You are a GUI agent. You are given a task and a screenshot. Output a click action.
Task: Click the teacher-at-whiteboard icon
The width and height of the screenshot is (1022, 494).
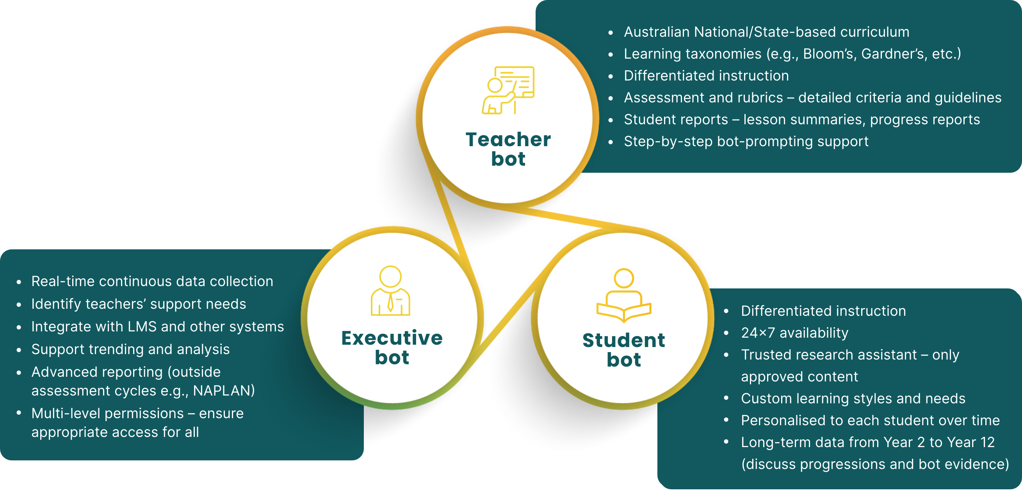[508, 90]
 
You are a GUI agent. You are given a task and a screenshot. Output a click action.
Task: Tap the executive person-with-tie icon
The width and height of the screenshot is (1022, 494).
[390, 291]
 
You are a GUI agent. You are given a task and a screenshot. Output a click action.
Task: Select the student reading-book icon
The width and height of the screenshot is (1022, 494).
[624, 295]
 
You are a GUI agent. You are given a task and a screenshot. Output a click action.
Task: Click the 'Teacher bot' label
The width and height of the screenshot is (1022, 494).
[508, 149]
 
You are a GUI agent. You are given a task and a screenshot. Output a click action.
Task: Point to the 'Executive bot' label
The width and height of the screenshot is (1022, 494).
[392, 347]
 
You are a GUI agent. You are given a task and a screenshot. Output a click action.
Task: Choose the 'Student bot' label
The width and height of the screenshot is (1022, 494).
[624, 350]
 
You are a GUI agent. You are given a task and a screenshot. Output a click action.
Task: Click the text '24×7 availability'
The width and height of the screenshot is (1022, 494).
[794, 333]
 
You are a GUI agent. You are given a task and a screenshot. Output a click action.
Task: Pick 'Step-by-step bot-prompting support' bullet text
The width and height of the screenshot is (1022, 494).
[746, 141]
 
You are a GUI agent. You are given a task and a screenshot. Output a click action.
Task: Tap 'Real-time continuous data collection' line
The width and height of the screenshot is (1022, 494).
[152, 281]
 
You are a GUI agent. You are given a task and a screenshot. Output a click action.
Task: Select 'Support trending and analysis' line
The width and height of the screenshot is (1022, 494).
[130, 349]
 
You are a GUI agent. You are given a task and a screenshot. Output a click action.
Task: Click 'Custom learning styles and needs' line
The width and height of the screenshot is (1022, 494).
[853, 398]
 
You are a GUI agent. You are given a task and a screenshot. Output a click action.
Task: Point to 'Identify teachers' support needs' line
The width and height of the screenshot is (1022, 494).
[139, 304]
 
